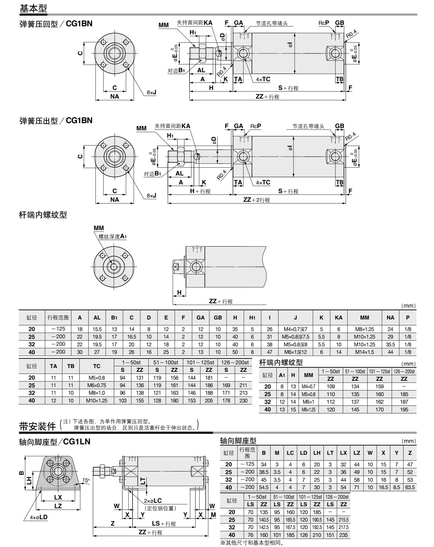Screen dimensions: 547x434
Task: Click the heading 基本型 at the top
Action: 33,8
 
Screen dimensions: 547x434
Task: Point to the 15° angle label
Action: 86,480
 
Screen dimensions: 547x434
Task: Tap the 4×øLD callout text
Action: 39,517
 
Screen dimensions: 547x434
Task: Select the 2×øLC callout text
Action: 153,501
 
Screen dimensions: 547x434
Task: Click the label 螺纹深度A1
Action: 113,236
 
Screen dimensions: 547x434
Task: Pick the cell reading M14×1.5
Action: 364,352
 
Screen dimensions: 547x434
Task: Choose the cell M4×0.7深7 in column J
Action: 295,329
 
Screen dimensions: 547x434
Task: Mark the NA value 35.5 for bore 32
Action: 390,345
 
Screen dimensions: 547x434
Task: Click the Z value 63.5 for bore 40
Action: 410,487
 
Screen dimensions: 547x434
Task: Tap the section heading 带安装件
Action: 37,426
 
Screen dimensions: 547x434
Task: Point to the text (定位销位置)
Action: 160,508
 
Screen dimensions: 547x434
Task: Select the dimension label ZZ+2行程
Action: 257,200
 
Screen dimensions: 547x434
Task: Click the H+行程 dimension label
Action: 200,191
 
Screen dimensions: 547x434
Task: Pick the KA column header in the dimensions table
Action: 339,317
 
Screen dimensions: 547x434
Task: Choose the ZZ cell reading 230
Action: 243,401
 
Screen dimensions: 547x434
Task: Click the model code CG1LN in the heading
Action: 77,442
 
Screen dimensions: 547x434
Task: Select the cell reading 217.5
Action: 343,527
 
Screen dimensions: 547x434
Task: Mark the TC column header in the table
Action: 97,366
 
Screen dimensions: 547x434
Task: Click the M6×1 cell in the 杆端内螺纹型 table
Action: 308,402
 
